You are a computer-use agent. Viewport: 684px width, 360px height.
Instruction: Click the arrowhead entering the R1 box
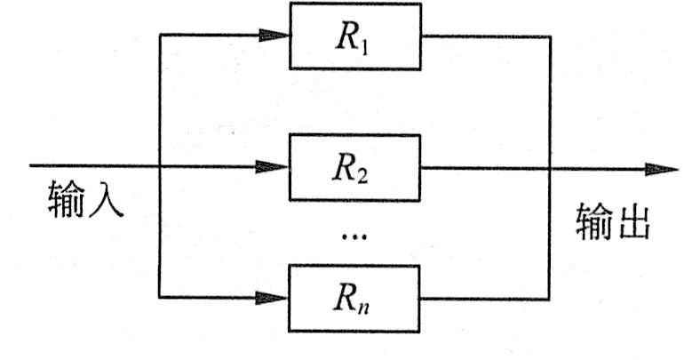[277, 36]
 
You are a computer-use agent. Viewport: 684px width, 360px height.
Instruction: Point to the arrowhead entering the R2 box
[277, 166]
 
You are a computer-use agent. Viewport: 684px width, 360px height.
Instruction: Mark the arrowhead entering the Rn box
[277, 298]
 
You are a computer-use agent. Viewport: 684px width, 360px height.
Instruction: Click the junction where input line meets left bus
[158, 166]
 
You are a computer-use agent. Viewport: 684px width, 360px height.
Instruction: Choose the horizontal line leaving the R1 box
[484, 37]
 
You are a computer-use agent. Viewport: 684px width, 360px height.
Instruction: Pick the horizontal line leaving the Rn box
[484, 297]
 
